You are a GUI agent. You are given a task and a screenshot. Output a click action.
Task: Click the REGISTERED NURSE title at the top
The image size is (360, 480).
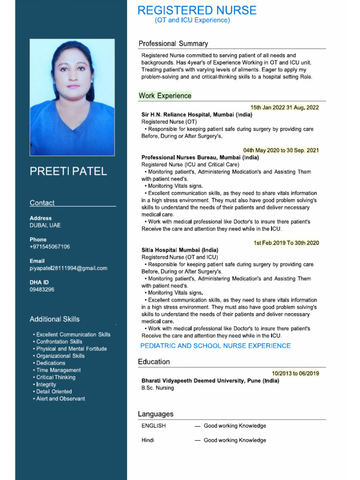[x=197, y=10]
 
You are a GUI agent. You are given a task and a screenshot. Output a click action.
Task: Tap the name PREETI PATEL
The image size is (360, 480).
[x=68, y=171]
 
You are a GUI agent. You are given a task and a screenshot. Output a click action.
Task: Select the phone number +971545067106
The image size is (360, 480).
[x=50, y=247]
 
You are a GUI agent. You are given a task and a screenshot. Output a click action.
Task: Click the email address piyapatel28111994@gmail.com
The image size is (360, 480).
[x=68, y=268]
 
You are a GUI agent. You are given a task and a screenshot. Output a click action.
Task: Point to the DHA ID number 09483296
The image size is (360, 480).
[x=42, y=290]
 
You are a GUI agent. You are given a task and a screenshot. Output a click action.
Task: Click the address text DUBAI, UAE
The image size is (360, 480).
[x=45, y=225]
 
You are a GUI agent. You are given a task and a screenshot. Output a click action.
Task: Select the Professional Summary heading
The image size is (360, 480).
[x=173, y=44]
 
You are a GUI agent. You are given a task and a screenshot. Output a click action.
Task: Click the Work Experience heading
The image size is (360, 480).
[x=165, y=96]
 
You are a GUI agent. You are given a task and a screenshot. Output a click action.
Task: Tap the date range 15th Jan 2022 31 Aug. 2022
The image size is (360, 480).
[x=284, y=107]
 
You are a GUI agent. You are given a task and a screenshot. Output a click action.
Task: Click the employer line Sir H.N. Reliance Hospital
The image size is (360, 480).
[x=197, y=114]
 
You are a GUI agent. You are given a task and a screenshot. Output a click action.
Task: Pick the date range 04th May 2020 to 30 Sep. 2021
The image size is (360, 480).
[x=281, y=150]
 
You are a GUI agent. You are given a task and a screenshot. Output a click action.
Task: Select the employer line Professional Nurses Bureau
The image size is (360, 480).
[x=200, y=157]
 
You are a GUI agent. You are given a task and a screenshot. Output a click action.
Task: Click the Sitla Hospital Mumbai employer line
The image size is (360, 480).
[x=180, y=250]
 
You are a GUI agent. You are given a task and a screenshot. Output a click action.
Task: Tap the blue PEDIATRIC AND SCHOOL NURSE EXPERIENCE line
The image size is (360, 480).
[x=216, y=346]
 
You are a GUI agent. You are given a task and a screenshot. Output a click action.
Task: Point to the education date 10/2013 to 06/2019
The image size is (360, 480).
[x=295, y=374]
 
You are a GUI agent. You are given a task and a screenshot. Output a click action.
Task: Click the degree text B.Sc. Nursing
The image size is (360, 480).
[x=157, y=388]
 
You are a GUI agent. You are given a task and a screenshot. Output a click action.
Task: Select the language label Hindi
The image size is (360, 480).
[x=148, y=440]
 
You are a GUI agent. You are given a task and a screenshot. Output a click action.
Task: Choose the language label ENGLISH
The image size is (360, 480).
[x=153, y=426]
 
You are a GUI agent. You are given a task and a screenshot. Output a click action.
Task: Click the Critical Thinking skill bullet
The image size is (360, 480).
[x=56, y=377]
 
